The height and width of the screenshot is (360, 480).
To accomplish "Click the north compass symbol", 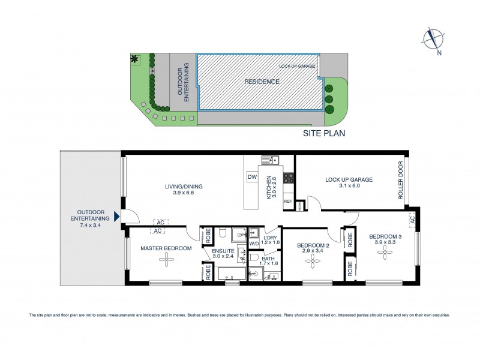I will [432, 39].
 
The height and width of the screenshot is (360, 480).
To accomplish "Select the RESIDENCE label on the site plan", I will [261, 82].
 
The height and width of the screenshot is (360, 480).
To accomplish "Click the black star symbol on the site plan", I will [134, 59].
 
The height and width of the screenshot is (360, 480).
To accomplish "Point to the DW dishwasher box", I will [252, 177].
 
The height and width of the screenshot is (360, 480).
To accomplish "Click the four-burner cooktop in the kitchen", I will [288, 178].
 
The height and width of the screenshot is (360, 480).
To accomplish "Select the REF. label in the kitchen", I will [287, 202].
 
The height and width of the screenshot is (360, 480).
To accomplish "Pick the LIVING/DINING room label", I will [184, 187].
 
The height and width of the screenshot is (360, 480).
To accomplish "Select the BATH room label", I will [268, 258].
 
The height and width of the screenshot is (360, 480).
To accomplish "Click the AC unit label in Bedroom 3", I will [413, 221].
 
